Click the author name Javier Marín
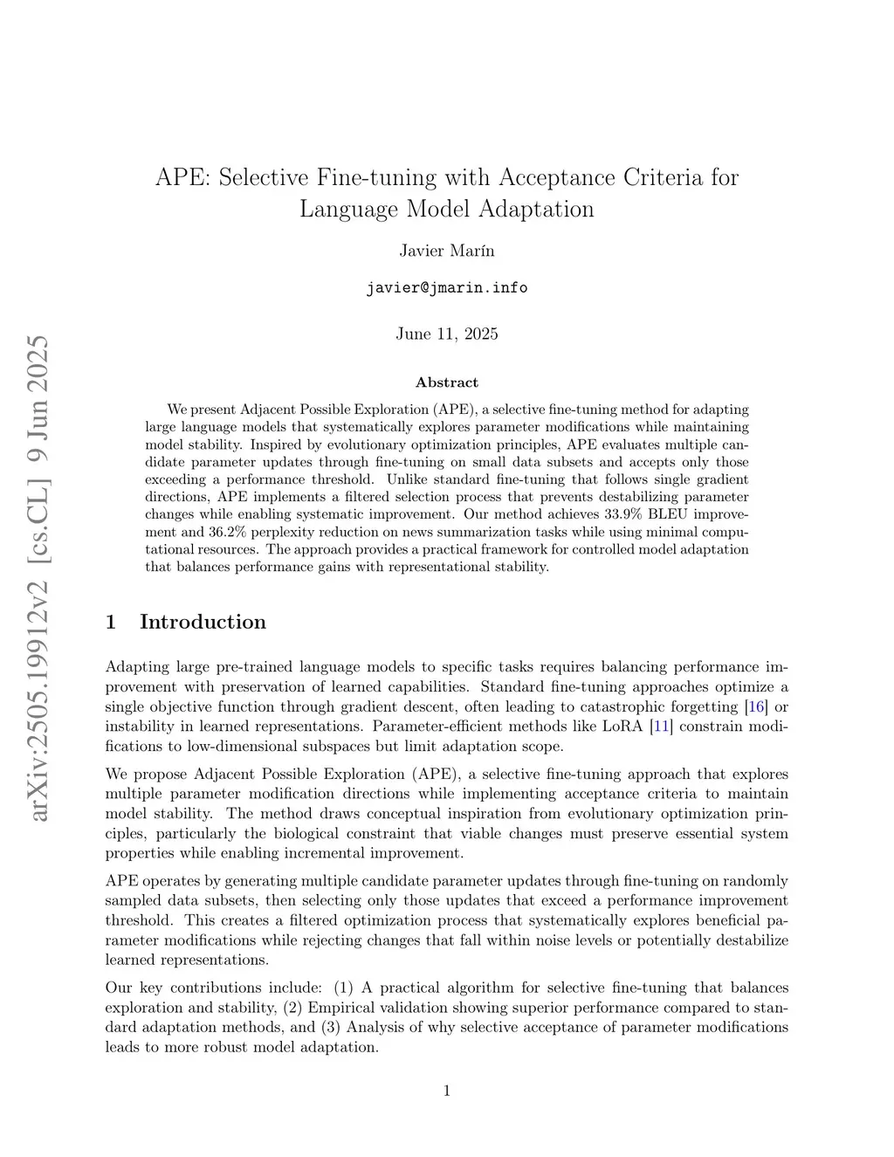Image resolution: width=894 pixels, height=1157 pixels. pyautogui.click(x=446, y=251)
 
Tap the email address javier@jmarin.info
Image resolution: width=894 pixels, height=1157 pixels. pyautogui.click(x=446, y=287)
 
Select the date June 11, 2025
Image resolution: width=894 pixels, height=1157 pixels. pyautogui.click(x=446, y=334)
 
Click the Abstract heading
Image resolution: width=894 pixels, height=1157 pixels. pyautogui.click(x=446, y=382)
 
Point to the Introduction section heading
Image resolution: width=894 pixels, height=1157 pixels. pyautogui.click(x=203, y=622)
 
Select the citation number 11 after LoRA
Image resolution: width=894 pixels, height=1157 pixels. pyautogui.click(x=662, y=727)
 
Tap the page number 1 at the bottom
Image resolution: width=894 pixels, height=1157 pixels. pyautogui.click(x=447, y=1090)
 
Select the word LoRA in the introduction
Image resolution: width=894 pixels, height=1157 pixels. pyautogui.click(x=622, y=727)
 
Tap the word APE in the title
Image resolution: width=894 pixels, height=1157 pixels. pyautogui.click(x=180, y=177)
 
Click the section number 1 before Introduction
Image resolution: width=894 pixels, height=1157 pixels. pyautogui.click(x=111, y=622)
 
